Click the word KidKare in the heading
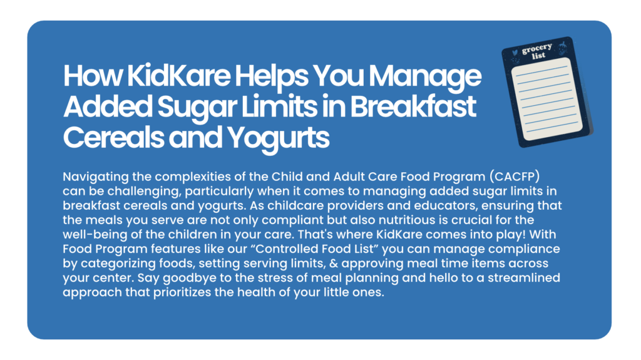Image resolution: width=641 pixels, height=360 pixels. [x=178, y=76]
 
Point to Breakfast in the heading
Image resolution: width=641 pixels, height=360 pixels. [x=413, y=106]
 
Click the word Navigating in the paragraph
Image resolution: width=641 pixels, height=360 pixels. [x=95, y=177]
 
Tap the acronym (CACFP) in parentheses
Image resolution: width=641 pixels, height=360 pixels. [x=515, y=177]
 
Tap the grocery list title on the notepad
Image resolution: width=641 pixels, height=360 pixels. [x=538, y=51]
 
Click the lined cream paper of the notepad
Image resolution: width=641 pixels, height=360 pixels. [x=546, y=99]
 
